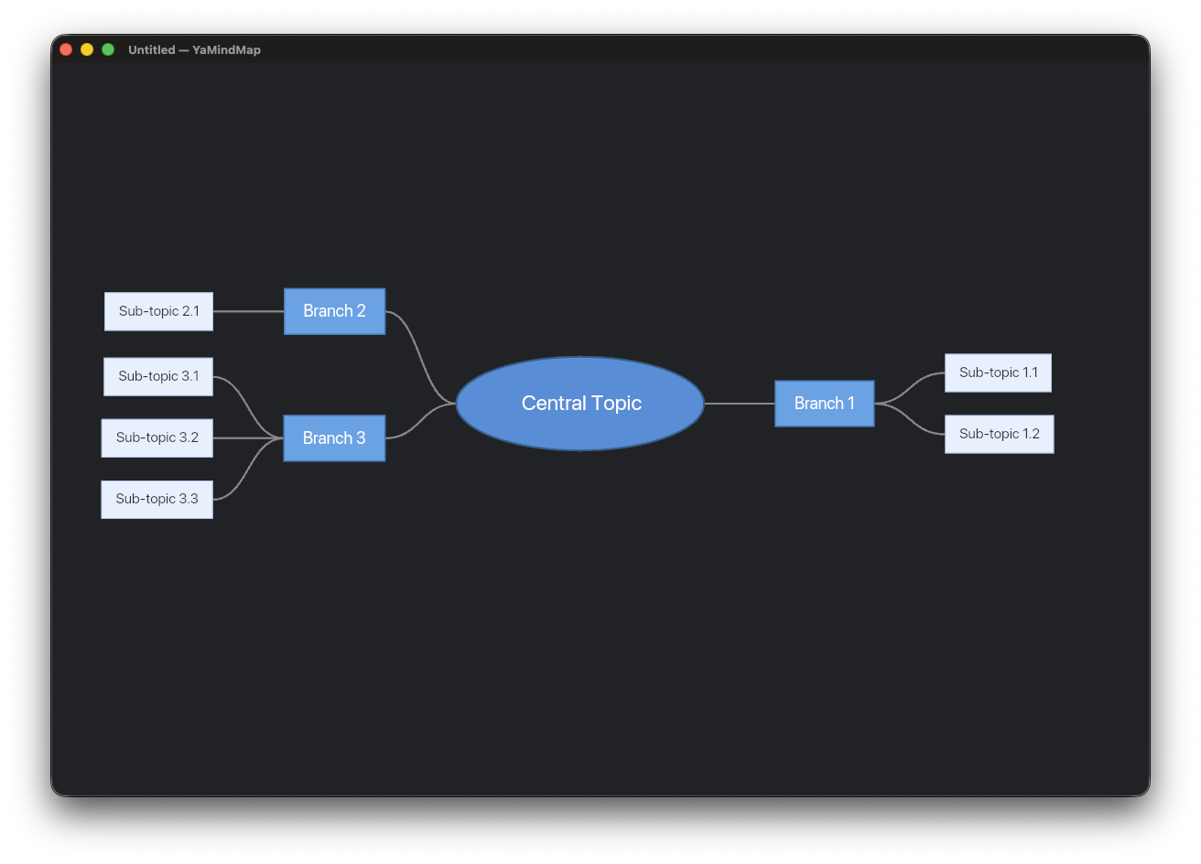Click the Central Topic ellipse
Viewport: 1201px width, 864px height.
coord(579,403)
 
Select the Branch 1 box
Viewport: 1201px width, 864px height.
coord(824,403)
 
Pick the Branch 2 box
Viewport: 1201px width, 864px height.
coord(334,311)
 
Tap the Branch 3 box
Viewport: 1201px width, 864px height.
coord(334,437)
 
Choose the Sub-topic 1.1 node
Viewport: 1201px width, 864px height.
coord(998,373)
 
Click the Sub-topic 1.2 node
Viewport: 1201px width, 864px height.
coord(999,434)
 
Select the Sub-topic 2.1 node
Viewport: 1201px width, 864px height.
coord(158,311)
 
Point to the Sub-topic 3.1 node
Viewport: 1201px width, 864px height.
coord(158,376)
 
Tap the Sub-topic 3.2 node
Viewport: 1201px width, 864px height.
coord(157,437)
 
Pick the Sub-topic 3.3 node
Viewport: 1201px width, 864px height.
coord(157,499)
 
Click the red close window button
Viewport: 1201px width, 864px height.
coord(66,49)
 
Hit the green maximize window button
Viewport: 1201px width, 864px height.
coord(108,49)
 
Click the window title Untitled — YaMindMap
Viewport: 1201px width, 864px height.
coord(194,49)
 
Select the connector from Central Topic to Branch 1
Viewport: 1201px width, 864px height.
coord(739,403)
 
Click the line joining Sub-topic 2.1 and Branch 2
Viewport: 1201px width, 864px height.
coord(248,311)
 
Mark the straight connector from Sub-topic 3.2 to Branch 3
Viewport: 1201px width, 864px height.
coord(248,437)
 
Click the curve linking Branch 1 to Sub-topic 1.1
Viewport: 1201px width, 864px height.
coord(910,387)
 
